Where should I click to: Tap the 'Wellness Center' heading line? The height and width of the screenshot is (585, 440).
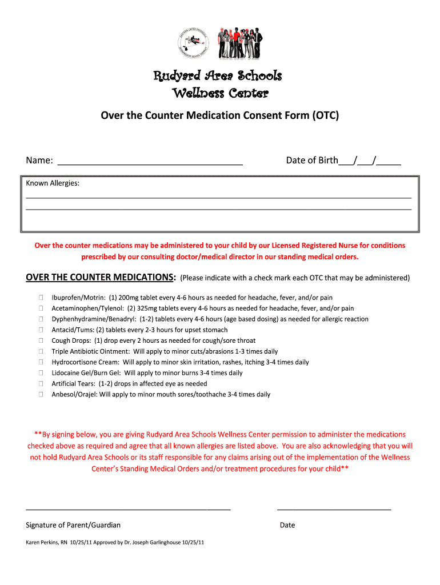tap(220, 93)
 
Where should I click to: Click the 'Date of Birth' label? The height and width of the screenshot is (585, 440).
tap(312, 161)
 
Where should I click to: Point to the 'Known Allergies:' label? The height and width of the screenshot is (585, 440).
tap(53, 183)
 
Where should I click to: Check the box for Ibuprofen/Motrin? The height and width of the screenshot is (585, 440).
tap(41, 298)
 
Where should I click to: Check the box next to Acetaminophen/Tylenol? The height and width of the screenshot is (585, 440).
tap(41, 308)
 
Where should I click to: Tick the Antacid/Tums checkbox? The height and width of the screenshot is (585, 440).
tap(41, 330)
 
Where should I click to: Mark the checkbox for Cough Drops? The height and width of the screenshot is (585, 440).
tap(41, 340)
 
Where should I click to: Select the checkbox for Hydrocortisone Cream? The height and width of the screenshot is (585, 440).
tap(41, 362)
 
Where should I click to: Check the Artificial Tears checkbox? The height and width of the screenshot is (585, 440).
tap(41, 384)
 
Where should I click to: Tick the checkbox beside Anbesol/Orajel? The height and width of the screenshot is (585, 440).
tap(41, 394)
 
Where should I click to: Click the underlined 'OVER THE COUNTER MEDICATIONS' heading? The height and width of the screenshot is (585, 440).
tap(101, 278)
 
